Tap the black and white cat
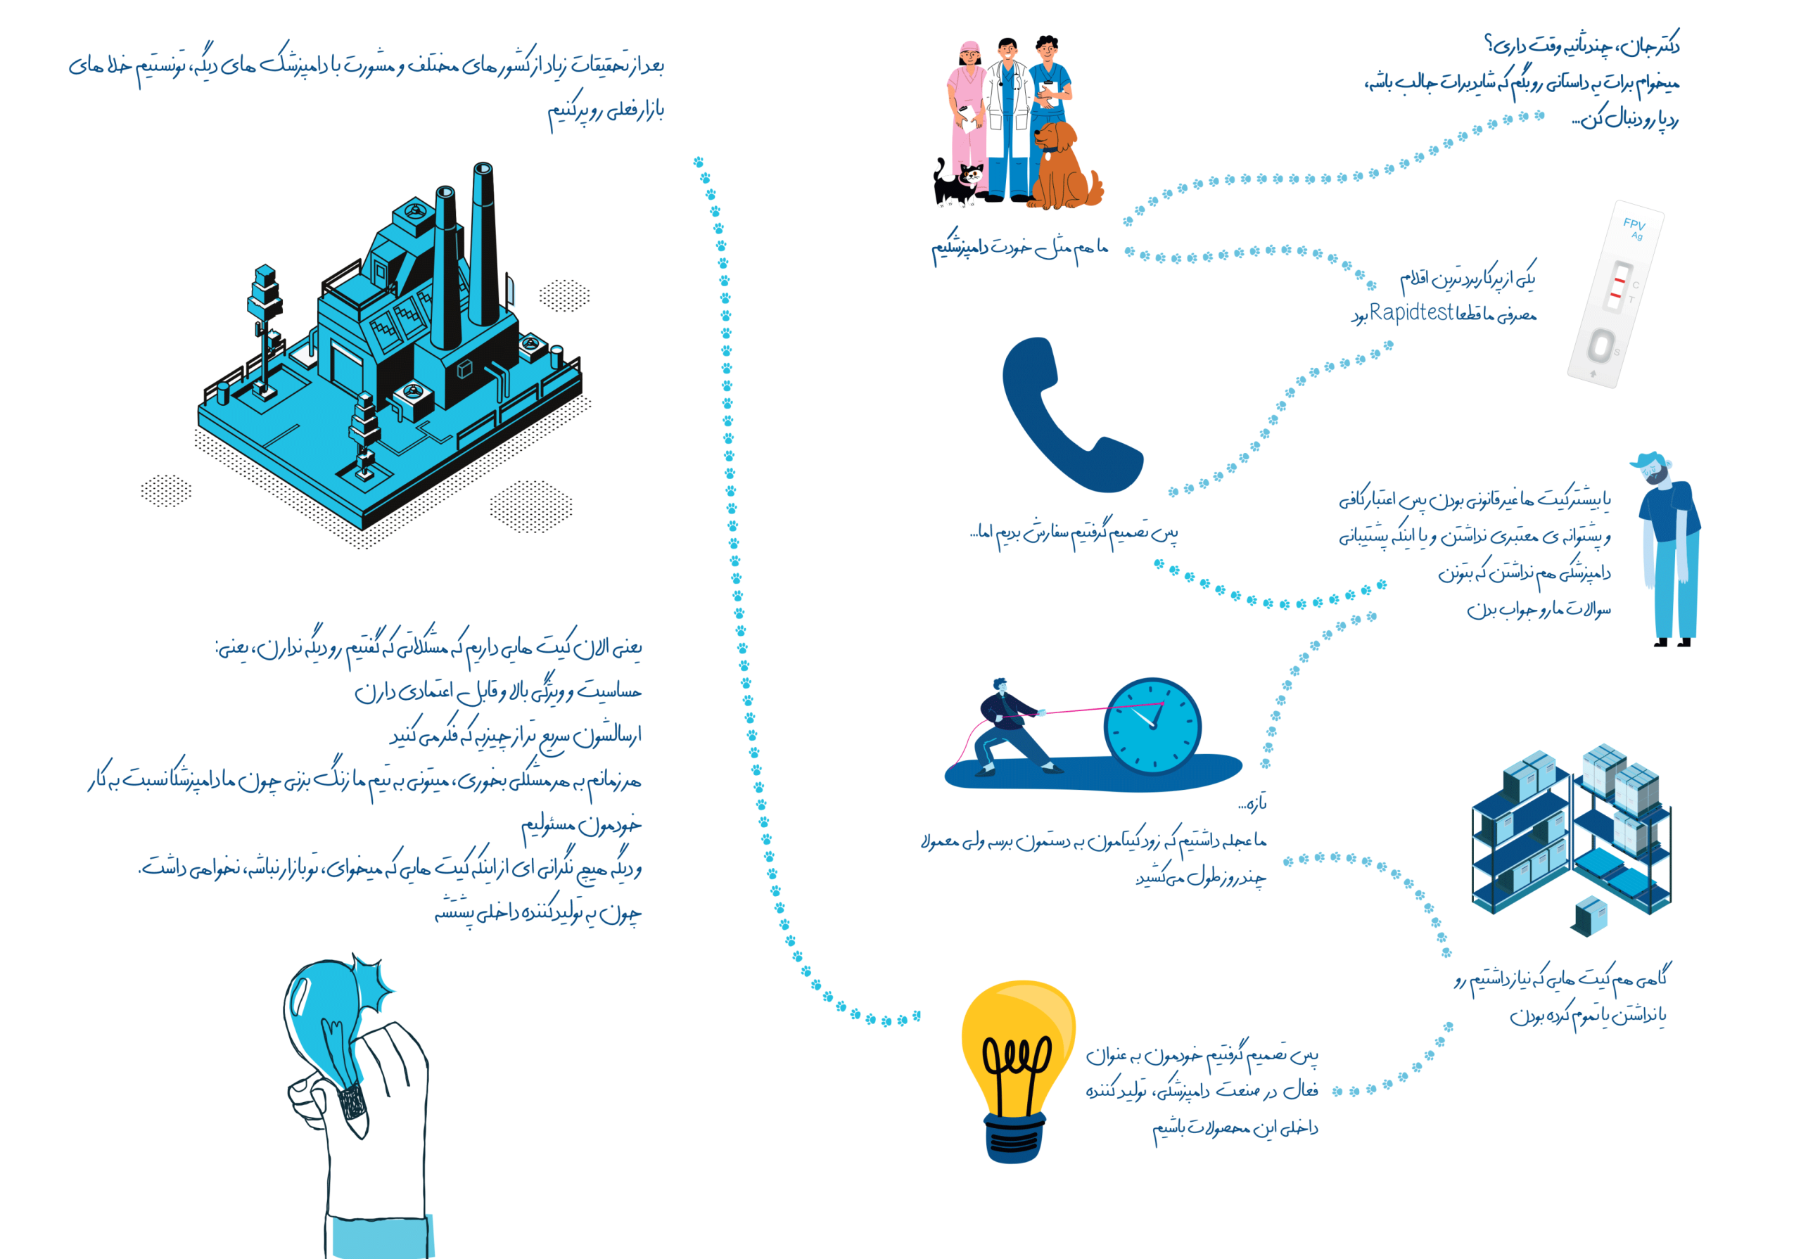957,183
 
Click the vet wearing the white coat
1007,117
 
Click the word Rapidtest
1411,312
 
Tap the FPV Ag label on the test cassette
1635,229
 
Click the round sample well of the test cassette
1600,345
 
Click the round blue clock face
1152,727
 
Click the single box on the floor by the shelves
1590,916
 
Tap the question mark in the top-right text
1488,43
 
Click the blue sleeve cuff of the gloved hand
381,1237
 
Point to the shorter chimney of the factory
445,267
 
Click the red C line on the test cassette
1619,280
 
